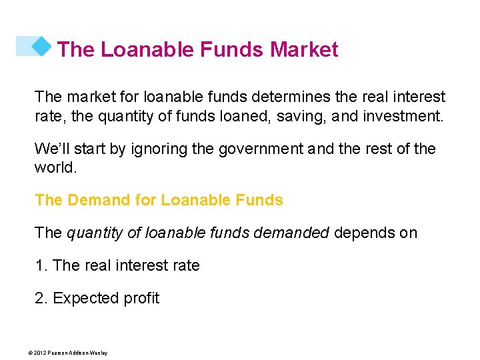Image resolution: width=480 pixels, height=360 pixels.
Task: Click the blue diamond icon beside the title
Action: (x=41, y=46)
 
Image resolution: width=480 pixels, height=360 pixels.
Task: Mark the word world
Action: (x=55, y=167)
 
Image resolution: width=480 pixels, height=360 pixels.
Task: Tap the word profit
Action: (x=139, y=298)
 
